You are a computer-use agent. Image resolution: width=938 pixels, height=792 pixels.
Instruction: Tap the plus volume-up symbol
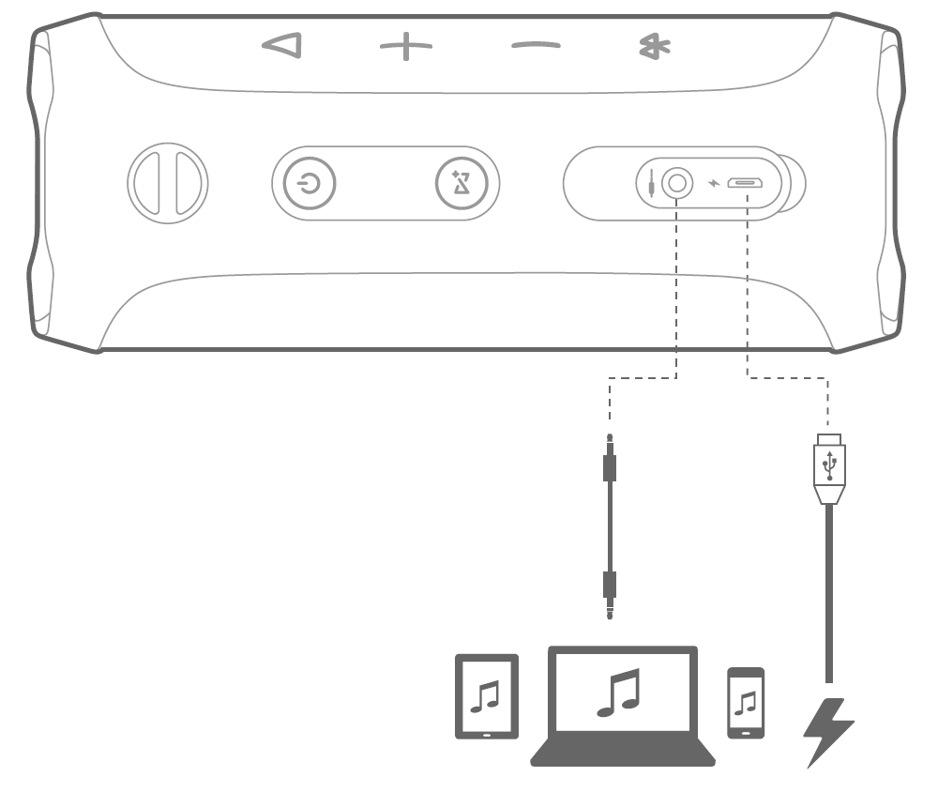tap(406, 46)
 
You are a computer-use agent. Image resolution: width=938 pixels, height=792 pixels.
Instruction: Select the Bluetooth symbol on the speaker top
tap(648, 46)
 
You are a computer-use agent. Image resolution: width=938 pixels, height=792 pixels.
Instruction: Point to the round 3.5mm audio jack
tap(676, 182)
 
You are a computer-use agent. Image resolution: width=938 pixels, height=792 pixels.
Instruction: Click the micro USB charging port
tap(747, 182)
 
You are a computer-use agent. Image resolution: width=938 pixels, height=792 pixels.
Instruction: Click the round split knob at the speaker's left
tap(169, 180)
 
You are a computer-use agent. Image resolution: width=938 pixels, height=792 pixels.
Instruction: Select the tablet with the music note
tap(486, 695)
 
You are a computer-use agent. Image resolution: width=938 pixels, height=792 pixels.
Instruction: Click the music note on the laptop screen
tap(619, 693)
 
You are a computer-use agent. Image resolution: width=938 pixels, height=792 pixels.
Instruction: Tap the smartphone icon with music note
tap(746, 702)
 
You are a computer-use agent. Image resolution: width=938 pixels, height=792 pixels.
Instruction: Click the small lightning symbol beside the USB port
tap(716, 183)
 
